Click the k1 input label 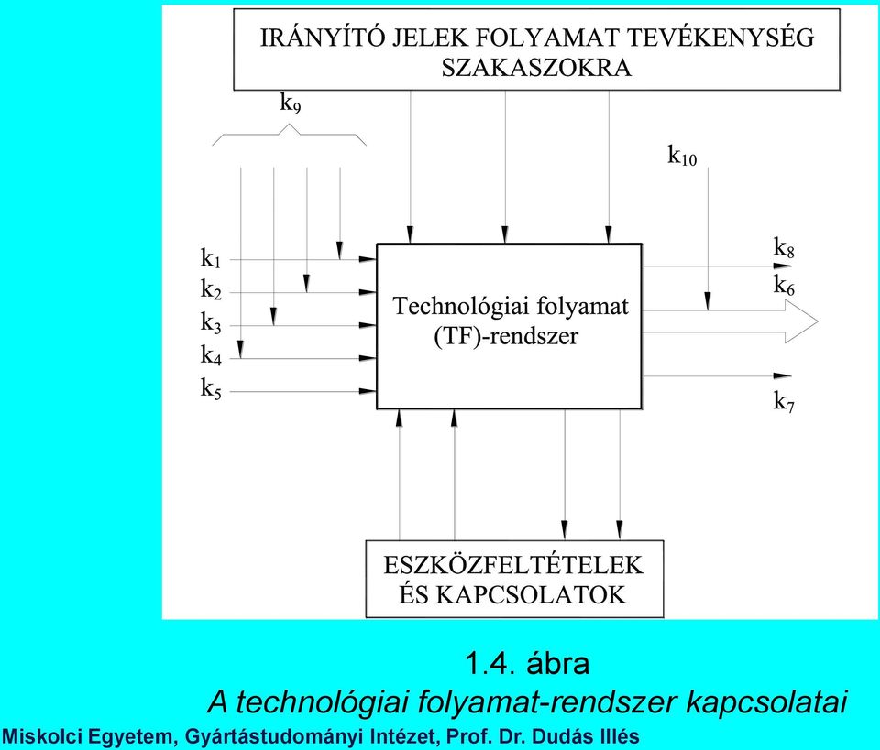click(211, 258)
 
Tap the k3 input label click(211, 323)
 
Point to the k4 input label click(211, 355)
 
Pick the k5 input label click(211, 388)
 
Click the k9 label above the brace click(291, 103)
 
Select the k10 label click(682, 156)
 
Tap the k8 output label click(784, 247)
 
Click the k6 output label click(784, 286)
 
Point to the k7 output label click(784, 402)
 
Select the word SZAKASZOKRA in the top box click(536, 68)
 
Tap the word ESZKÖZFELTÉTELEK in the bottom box click(513, 565)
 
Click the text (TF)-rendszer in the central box click(506, 336)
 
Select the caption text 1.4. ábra click(528, 664)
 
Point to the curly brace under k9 click(289, 134)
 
